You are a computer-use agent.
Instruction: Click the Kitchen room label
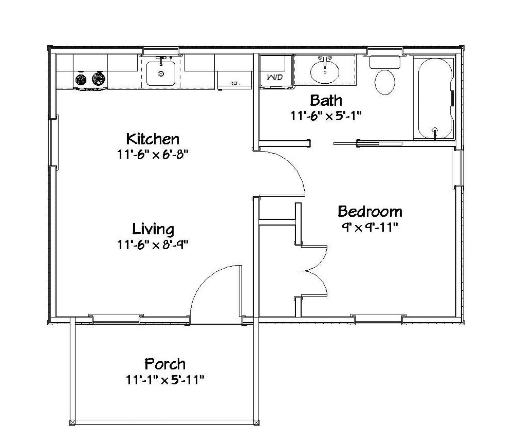coord(153,139)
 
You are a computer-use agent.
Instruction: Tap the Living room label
coord(153,229)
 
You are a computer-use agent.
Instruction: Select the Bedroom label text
coord(370,212)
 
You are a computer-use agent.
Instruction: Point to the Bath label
coord(326,100)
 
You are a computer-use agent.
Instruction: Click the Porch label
coord(165,364)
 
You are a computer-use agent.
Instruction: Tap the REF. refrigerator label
coord(234,83)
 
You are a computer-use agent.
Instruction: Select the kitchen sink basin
coord(161,73)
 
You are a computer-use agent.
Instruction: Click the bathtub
coord(435,99)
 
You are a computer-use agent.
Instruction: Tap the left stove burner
coord(81,80)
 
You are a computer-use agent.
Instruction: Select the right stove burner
coord(99,79)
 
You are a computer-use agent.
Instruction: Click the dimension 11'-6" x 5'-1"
coord(326,116)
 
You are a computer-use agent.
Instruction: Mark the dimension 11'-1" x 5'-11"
coord(165,380)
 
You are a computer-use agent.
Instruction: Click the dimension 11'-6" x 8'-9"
coord(153,245)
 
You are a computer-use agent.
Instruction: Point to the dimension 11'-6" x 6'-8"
coord(153,155)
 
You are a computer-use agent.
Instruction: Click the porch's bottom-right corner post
coord(256,422)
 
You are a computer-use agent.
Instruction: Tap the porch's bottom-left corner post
coord(72,422)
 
